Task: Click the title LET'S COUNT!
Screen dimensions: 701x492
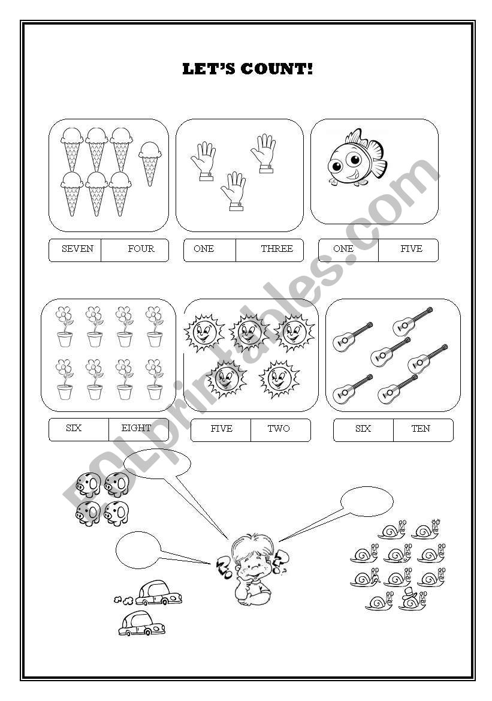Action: [247, 69]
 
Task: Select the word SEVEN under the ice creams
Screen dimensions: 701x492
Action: [77, 249]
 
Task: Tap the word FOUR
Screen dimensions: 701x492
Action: [141, 249]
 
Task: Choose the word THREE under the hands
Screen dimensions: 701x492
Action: [276, 249]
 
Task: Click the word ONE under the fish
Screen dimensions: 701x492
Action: [343, 249]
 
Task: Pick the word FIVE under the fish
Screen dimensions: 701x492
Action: [411, 249]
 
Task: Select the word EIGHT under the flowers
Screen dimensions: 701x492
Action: [136, 428]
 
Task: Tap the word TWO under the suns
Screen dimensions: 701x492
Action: [279, 429]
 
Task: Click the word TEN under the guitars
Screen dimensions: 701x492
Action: [421, 429]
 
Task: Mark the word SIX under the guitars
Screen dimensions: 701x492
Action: [363, 429]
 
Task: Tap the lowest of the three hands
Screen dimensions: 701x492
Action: [234, 191]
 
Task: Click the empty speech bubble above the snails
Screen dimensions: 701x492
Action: [367, 501]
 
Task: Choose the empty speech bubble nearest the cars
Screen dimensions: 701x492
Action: [138, 549]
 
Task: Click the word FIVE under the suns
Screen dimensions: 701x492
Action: [221, 429]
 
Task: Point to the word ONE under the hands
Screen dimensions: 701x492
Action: [204, 249]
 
